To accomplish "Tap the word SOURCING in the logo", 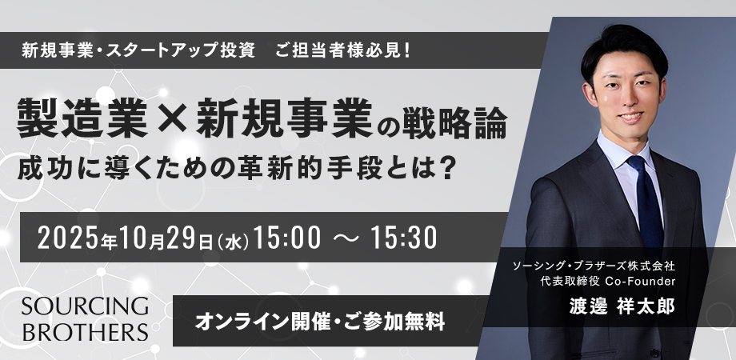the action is pos(85,306).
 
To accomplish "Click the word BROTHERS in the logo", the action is pos(85,331).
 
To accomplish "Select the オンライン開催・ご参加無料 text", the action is pos(320,322).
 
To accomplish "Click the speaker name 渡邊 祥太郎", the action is pos(622,306).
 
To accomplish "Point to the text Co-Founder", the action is pos(640,282).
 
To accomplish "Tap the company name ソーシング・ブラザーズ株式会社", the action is pos(594,266).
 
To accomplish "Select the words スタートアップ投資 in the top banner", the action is pos(180,50).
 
